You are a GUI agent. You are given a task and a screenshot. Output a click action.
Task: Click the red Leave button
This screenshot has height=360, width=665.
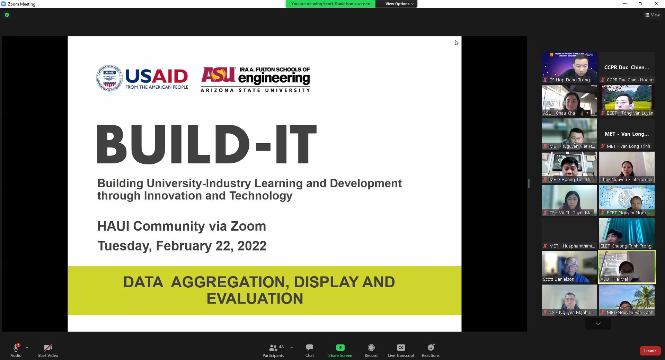tap(649, 351)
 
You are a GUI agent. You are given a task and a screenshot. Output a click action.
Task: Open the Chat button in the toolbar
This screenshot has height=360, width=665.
tap(309, 348)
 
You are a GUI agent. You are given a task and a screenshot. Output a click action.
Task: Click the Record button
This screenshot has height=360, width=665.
tap(371, 348)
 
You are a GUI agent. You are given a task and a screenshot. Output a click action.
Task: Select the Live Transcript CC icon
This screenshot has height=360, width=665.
tap(401, 348)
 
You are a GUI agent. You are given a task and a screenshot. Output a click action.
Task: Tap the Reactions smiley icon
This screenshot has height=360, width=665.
tap(431, 348)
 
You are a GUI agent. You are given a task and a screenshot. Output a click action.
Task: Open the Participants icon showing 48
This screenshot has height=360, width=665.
tap(273, 348)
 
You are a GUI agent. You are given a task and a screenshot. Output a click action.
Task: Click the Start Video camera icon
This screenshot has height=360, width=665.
tap(48, 348)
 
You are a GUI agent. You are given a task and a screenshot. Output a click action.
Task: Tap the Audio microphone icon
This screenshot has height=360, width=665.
tap(16, 348)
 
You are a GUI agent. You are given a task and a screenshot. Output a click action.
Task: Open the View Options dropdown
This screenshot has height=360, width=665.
tap(399, 4)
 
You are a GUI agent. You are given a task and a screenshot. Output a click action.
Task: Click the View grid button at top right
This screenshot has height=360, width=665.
tap(652, 15)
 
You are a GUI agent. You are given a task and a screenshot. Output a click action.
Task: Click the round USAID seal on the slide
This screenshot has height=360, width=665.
tap(109, 78)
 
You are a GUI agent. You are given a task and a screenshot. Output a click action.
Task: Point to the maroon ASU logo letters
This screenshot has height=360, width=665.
tap(219, 74)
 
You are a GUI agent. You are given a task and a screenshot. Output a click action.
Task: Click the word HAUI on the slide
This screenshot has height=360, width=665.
tap(113, 226)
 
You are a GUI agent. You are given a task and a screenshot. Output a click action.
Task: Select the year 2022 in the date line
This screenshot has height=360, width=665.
tap(251, 246)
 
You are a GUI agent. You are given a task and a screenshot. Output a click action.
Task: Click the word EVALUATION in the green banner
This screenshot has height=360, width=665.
tap(255, 298)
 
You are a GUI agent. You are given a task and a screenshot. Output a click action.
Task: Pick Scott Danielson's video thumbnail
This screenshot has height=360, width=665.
tap(569, 267)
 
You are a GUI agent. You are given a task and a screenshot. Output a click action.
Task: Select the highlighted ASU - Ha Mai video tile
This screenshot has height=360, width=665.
tap(627, 267)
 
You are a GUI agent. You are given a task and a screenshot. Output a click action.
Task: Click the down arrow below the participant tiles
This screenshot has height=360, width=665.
tap(598, 324)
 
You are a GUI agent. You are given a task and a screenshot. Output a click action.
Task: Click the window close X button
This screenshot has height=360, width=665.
tap(656, 4)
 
